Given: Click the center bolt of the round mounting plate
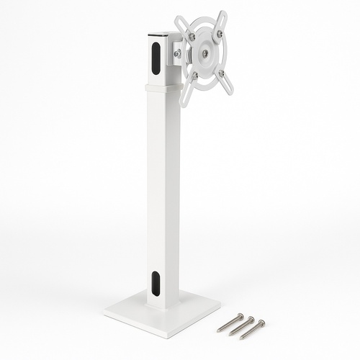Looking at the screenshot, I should click(x=206, y=53).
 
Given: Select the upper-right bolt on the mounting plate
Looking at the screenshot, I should click(x=219, y=33).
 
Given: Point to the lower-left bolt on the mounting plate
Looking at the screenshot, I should click(x=194, y=73).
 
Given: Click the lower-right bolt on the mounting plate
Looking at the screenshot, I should click(x=221, y=72).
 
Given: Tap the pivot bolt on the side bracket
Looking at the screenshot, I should click(x=177, y=53).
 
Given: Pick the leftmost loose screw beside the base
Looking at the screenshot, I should click(x=230, y=322).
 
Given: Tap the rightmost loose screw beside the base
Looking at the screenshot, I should click(x=253, y=329).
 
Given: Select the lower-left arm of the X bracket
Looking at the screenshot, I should click(x=186, y=90).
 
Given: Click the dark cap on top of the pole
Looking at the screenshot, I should click(x=159, y=35).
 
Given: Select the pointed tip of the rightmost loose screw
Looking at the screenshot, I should click(x=241, y=338).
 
